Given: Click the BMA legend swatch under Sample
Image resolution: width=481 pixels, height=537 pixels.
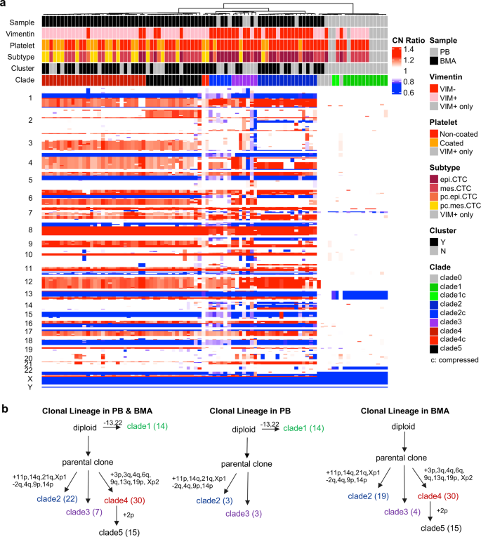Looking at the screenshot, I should point(435,62).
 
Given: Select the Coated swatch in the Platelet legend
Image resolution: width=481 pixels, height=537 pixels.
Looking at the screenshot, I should point(435,143).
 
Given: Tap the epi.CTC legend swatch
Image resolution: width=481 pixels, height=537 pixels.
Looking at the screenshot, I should point(435,179).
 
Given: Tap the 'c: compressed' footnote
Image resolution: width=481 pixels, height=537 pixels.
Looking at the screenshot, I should point(454,359).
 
